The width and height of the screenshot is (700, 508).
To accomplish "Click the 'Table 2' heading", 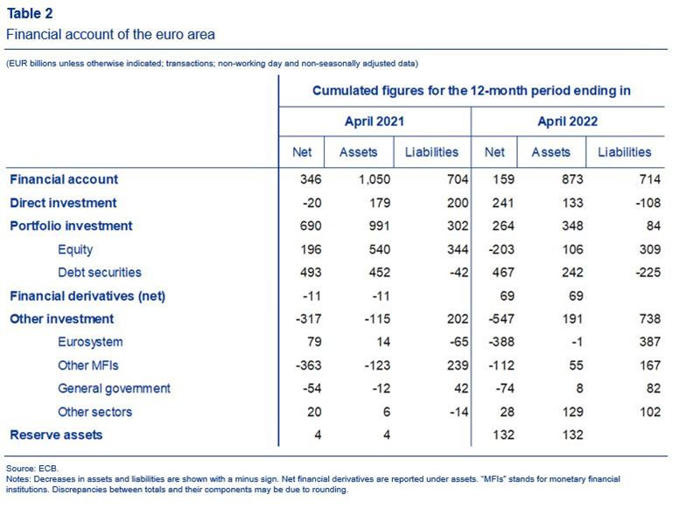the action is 30,13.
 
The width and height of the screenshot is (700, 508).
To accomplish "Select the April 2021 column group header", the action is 374,122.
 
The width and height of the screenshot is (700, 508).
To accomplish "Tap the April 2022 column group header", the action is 567,122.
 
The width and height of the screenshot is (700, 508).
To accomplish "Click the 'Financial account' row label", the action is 64,179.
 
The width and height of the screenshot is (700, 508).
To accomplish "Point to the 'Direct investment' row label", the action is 63,203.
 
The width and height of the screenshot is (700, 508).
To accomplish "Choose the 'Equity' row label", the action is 75,250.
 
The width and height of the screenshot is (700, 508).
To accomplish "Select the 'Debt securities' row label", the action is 100,273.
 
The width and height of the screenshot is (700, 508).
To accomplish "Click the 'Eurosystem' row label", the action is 90,342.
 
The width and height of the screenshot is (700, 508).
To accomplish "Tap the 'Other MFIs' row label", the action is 88,365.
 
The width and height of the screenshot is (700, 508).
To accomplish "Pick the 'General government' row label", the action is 114,389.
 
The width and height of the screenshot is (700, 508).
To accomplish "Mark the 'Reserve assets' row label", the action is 56,435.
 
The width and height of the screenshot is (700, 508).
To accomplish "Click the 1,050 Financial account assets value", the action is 374,179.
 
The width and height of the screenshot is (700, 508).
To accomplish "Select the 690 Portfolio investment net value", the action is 311,226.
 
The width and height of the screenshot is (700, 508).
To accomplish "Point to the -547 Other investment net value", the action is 501,319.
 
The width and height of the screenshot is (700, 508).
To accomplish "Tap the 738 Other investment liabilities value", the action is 649,319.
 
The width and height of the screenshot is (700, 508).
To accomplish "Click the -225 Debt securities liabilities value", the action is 648,273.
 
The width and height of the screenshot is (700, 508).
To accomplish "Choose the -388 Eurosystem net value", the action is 501,342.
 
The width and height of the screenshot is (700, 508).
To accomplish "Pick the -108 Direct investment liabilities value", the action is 648,203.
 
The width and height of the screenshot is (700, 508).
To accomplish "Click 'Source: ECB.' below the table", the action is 32,469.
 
